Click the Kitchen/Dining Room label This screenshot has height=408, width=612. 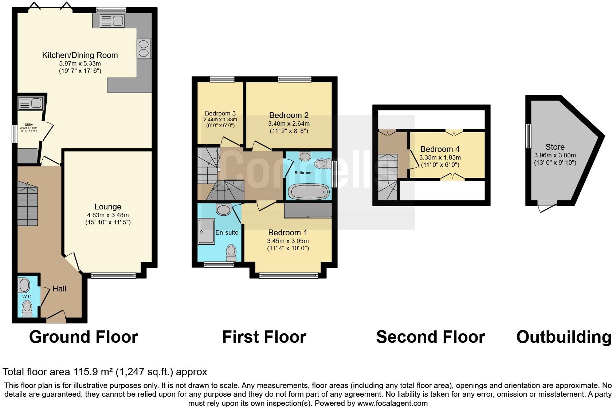[x=80, y=55]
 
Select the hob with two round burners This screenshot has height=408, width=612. [x=144, y=48]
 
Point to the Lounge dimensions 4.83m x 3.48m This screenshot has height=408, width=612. [x=108, y=215]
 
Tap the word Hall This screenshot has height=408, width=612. [x=59, y=289]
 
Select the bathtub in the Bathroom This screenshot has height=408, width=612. [x=309, y=191]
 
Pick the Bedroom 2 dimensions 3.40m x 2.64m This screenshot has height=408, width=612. [x=289, y=124]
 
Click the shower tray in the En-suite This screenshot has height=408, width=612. [x=206, y=237]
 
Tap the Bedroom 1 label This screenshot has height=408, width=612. [x=287, y=233]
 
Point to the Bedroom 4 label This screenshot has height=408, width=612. [x=440, y=149]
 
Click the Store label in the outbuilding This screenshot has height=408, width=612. [x=555, y=147]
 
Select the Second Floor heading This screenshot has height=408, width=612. [x=430, y=337]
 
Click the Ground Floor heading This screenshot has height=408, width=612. [x=83, y=337]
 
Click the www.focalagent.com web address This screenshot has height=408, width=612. [x=392, y=403]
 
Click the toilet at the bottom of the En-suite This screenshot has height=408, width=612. [x=231, y=251]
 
